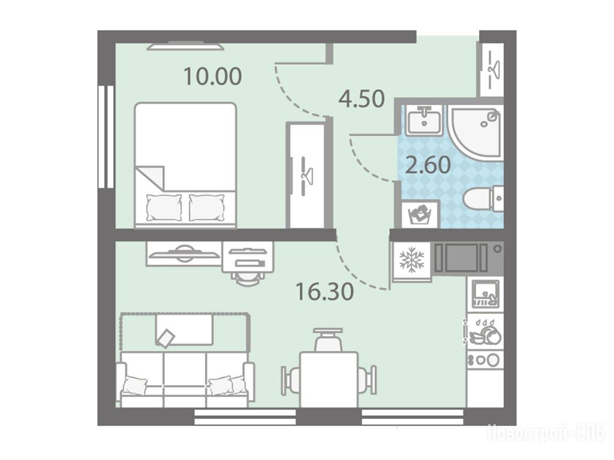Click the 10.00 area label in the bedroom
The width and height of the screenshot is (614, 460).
(213, 76)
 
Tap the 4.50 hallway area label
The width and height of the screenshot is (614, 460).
(362, 99)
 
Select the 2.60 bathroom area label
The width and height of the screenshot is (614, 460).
(428, 165)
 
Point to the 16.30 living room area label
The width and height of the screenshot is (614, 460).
(324, 292)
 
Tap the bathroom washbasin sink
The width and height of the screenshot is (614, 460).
(424, 119)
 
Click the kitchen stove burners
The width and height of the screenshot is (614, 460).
(485, 359)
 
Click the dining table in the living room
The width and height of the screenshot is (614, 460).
(329, 380)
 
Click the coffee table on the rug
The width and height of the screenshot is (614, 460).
(185, 330)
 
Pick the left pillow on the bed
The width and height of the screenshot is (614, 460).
(164, 207)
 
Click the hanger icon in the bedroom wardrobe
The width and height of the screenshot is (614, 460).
(305, 175)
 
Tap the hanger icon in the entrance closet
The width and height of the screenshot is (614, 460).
(492, 71)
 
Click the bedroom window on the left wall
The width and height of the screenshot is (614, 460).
(106, 137)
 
